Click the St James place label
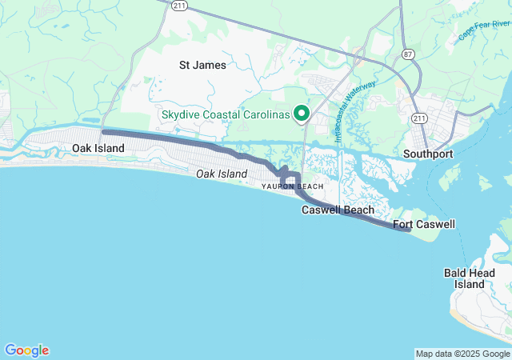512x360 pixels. pyautogui.click(x=202, y=65)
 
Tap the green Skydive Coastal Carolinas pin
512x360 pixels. pyautogui.click(x=302, y=114)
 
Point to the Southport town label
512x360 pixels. pyautogui.click(x=428, y=153)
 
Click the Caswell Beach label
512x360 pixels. pyautogui.click(x=337, y=210)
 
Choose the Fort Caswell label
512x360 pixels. pyautogui.click(x=424, y=224)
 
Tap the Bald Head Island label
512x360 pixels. pyautogui.click(x=464, y=278)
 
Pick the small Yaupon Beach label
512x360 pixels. pyautogui.click(x=293, y=186)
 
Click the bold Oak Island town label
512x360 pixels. pyautogui.click(x=98, y=149)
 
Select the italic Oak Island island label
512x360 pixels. pyautogui.click(x=222, y=174)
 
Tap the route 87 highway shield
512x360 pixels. pyautogui.click(x=408, y=54)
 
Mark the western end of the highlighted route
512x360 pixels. pyautogui.click(x=104, y=131)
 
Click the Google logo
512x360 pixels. pyautogui.click(x=26, y=350)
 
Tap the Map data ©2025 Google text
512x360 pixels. pyautogui.click(x=462, y=354)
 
